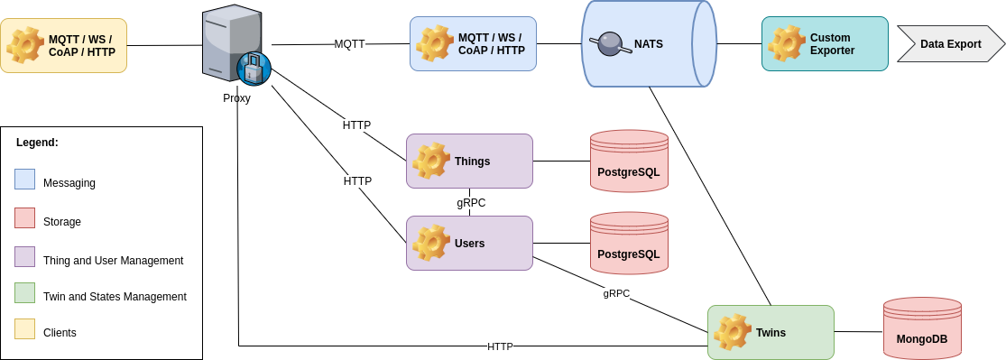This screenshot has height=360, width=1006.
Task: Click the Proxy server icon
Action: [x=234, y=45]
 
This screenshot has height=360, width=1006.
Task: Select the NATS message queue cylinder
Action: [x=649, y=43]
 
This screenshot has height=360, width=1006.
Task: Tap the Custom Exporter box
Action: [x=825, y=43]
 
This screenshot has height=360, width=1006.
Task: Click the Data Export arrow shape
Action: [x=950, y=43]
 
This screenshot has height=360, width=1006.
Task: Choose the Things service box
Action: [x=469, y=161]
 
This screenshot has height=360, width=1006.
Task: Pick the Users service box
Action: [x=469, y=243]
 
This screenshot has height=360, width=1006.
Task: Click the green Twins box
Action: [x=771, y=332]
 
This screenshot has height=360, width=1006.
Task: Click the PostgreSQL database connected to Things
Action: [x=629, y=162]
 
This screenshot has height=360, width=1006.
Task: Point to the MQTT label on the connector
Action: [x=349, y=43]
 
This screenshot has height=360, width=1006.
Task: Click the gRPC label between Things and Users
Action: [x=471, y=203]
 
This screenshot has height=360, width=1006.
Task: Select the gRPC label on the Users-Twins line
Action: [x=616, y=293]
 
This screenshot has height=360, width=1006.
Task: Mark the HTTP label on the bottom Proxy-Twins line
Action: [x=500, y=346]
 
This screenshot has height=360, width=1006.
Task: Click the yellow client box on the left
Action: [x=64, y=45]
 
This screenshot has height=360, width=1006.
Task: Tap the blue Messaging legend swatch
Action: [x=25, y=179]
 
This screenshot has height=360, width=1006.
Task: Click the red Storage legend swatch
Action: [x=25, y=217]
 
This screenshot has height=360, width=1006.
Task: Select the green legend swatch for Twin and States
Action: [x=25, y=292]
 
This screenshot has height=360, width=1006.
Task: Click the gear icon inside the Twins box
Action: [x=732, y=332]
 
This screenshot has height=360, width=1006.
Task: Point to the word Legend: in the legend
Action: [x=37, y=143]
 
